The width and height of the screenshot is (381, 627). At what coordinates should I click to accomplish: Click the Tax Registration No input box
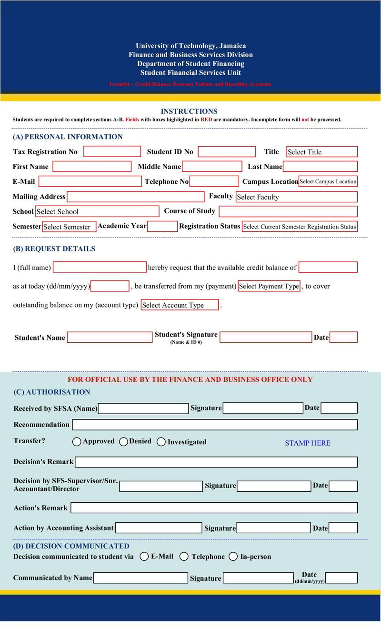point(112,151)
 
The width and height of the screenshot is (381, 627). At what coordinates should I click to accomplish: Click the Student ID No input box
point(227,151)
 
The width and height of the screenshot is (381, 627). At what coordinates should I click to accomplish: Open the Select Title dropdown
point(321,152)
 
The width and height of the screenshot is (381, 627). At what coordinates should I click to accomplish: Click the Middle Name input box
point(212,167)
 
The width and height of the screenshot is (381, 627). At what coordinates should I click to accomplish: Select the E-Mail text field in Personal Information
point(90,181)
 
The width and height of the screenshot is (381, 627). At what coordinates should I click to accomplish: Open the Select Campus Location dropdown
point(328,181)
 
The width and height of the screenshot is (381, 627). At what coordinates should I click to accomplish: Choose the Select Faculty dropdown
point(296,197)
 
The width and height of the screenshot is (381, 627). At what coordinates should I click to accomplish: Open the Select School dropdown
point(97,211)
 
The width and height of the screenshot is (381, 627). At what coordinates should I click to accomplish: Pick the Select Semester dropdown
point(69,227)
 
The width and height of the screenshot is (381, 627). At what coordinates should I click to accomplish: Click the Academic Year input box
point(162,226)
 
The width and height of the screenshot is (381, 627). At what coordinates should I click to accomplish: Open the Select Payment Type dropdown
point(269,286)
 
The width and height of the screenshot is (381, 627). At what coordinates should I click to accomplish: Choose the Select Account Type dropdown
point(180,305)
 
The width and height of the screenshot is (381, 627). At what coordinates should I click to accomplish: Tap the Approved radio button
point(77,442)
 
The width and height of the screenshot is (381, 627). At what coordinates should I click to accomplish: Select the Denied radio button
point(124,442)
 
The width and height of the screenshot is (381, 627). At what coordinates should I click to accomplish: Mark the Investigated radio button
point(161,442)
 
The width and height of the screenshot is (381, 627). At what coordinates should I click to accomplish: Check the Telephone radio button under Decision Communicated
point(184,557)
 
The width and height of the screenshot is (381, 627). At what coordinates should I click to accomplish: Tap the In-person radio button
point(233,557)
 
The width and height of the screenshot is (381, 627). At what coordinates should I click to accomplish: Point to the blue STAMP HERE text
point(308,443)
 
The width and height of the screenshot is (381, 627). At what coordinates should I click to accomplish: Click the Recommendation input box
point(214,425)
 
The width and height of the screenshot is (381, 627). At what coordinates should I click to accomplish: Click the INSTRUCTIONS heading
point(189,111)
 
